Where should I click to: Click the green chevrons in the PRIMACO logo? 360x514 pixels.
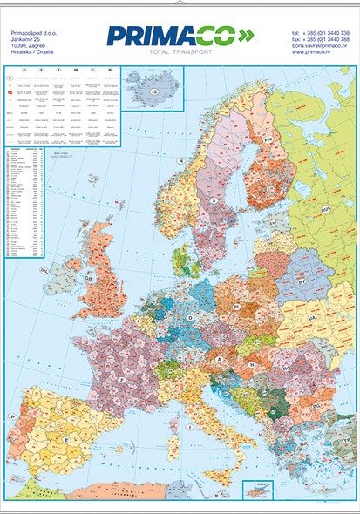(x=246, y=35)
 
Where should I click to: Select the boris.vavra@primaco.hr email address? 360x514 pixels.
(x=322, y=46)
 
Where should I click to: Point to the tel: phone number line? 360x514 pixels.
(x=322, y=33)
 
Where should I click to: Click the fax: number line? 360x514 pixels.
(x=322, y=39)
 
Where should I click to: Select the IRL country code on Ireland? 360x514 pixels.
(x=43, y=271)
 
